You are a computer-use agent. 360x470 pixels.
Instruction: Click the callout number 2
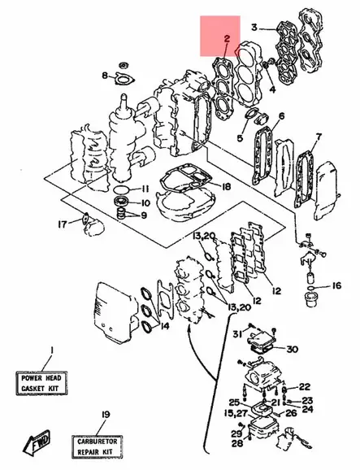pos(226,38)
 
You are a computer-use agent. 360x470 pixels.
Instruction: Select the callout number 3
pos(254,28)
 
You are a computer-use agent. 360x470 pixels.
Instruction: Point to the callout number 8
pos(105,76)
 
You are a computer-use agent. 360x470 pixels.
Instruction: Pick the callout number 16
pos(336,286)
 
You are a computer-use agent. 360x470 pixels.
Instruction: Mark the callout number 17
pos(61,224)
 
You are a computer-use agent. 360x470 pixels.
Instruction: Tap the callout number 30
pos(293,350)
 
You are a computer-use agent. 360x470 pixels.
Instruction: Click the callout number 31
pos(239,334)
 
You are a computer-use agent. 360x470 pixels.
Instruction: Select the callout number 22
pos(304,386)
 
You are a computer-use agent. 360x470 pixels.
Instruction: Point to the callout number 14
pos(165,326)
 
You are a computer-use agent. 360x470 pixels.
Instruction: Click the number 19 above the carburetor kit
pos(103,416)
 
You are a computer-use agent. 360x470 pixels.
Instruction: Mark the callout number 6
pos(281,116)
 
